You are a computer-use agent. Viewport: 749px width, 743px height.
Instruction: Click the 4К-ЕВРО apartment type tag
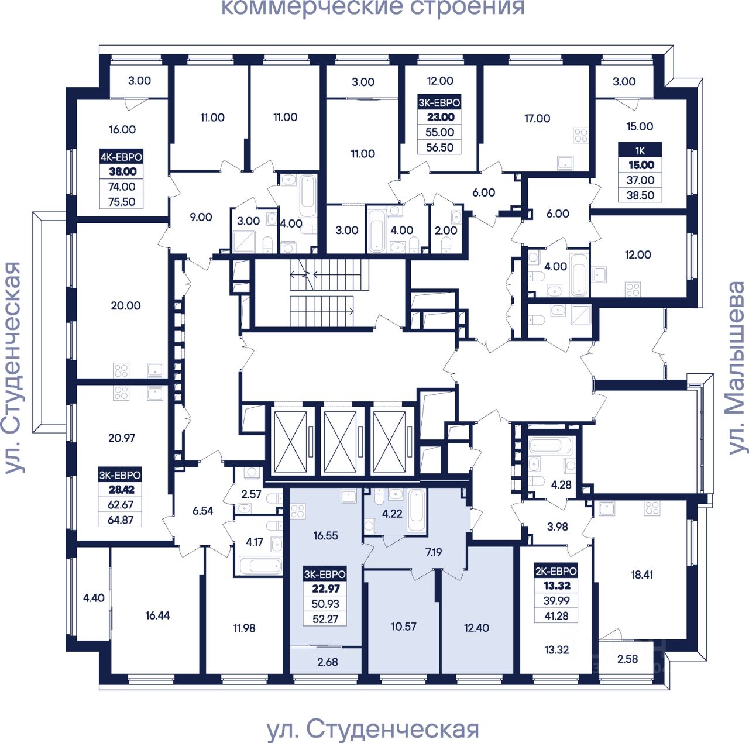(121, 157)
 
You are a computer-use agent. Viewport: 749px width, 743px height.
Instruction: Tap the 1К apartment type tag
(640, 150)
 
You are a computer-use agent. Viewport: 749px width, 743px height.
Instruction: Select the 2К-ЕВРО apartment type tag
(556, 571)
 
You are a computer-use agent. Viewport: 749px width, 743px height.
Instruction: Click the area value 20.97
(122, 438)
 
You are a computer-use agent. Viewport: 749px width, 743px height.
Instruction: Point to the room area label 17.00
(537, 118)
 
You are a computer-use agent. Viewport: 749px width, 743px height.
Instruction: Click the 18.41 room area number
(642, 575)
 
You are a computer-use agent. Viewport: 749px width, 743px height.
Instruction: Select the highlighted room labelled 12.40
(476, 628)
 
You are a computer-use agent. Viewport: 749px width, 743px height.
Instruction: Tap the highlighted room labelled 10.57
(404, 627)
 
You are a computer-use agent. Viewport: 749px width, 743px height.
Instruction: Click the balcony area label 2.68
(328, 662)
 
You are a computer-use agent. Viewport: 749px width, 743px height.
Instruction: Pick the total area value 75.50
(122, 202)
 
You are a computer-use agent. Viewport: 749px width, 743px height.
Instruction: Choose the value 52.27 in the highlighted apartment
(325, 619)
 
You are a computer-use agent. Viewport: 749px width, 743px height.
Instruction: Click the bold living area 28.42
(121, 490)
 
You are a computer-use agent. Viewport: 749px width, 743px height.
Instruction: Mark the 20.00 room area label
(126, 305)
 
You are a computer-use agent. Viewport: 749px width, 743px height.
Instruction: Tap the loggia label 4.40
(94, 598)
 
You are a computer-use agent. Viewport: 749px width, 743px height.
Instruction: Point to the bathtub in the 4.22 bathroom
(417, 511)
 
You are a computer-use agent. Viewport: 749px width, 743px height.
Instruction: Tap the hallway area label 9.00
(201, 217)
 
